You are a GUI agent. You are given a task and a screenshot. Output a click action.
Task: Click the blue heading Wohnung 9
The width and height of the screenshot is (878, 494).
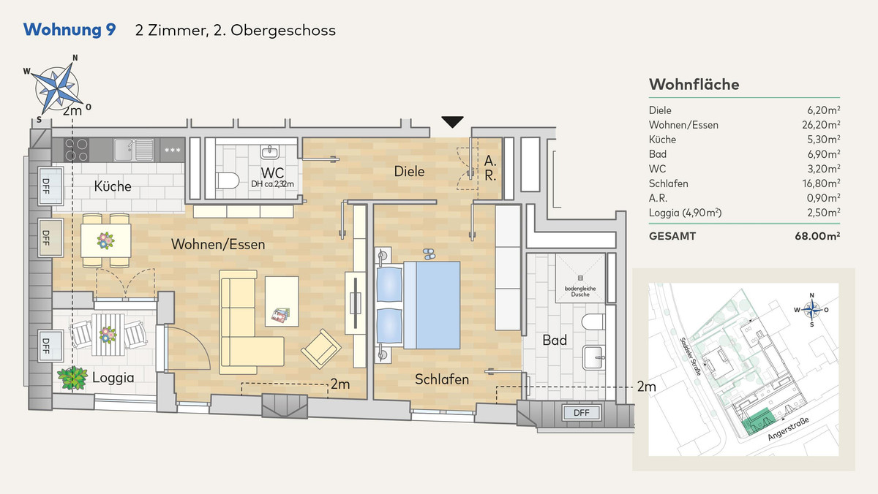70,30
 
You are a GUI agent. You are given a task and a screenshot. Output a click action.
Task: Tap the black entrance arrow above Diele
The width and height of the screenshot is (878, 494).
452,122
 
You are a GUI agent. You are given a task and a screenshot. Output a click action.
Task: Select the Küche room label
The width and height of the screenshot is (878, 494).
113,186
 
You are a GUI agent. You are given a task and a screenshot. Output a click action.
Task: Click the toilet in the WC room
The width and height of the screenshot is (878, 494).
228,180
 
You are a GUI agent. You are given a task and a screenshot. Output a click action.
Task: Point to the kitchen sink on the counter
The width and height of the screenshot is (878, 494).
133,150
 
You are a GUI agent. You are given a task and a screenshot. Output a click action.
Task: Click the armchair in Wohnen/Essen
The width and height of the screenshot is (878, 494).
321,349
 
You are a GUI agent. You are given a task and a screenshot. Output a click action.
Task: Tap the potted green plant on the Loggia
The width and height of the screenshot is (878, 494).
72,378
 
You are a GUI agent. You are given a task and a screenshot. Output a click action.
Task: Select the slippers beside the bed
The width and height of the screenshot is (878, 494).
429,254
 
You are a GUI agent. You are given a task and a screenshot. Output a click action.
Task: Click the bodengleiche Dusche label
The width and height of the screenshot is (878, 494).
580,292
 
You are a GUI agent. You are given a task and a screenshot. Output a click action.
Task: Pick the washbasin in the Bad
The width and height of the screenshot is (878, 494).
594,357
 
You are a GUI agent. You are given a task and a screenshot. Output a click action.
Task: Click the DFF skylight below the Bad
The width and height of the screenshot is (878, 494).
581,413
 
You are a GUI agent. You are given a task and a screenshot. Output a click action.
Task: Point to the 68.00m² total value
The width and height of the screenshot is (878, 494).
817,236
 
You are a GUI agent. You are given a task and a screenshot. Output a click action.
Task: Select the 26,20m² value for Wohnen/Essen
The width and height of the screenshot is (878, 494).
821,124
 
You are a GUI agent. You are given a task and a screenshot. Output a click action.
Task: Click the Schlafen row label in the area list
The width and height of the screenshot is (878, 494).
668,183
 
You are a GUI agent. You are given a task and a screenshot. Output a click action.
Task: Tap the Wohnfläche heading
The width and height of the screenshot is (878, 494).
694,85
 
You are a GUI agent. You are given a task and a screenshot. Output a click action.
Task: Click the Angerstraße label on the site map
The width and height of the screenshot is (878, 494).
788,429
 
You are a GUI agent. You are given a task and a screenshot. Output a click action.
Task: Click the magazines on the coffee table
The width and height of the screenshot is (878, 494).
282,315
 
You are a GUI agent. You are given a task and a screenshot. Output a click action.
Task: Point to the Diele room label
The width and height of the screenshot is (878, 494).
409,172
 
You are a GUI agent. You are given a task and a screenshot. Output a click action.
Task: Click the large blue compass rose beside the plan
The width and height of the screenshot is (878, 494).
58,88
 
